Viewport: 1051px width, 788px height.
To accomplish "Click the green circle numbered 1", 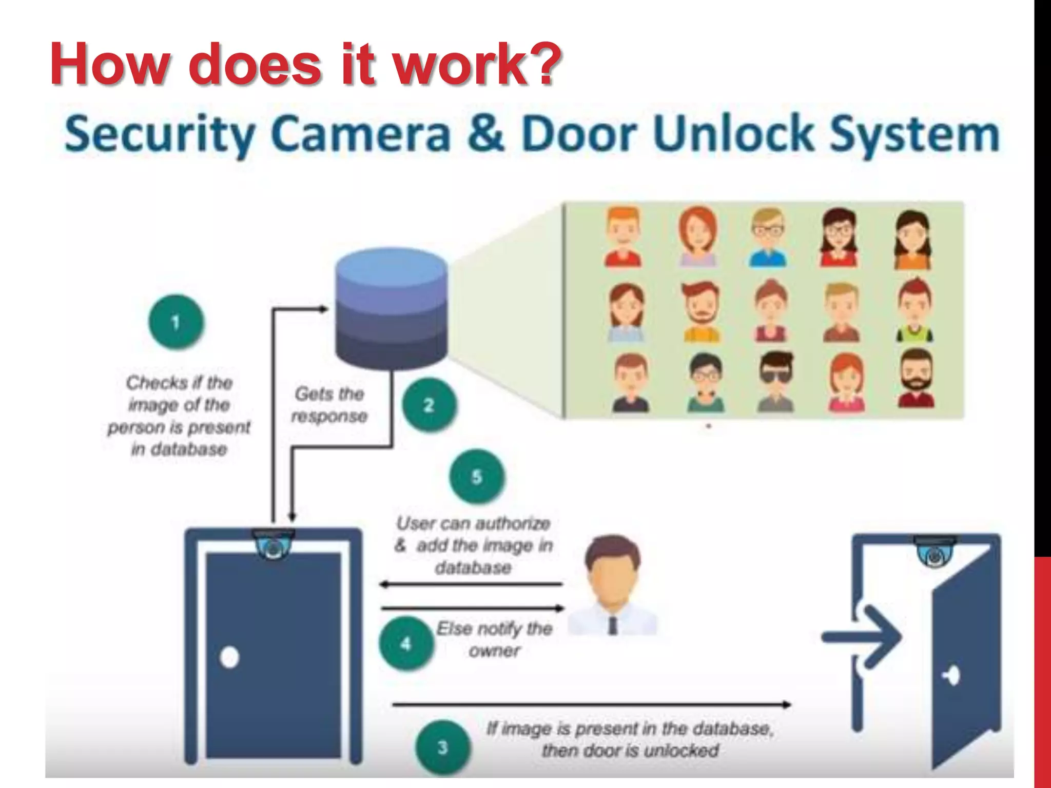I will pos(176,322).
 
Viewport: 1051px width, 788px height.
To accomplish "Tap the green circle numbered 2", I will pos(429,405).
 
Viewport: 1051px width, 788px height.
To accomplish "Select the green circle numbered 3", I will pos(442,747).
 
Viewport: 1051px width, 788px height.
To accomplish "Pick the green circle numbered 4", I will pos(406,643).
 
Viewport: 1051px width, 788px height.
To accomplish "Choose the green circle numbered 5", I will pos(477,477).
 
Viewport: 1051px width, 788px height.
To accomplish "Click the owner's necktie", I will pos(612,625).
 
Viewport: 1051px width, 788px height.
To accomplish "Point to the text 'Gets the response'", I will pos(329,405).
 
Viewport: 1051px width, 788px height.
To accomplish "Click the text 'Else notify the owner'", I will pos(494,640).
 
